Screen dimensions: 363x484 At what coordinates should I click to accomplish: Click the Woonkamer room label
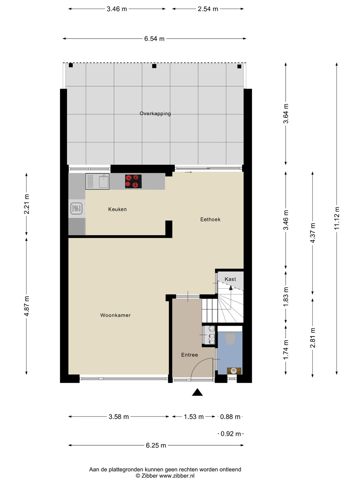pos(115,315)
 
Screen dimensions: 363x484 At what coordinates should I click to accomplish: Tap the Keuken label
pos(117,209)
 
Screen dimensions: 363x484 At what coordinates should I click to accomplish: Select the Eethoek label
pos(210,219)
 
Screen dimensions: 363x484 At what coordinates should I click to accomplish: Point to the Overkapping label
pos(155,114)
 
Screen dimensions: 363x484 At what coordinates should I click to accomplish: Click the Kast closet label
pos(230,279)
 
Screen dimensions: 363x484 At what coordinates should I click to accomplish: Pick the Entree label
pos(189,355)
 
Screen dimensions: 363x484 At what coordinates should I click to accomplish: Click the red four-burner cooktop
pos(133,182)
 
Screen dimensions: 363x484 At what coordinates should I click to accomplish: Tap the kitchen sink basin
pos(104,182)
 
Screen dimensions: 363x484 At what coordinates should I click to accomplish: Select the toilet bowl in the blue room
pos(230,338)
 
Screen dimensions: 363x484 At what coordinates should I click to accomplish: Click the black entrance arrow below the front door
pos(197,392)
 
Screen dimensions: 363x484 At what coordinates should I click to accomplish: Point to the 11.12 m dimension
pos(336,218)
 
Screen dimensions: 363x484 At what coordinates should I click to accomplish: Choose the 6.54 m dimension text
pos(154,39)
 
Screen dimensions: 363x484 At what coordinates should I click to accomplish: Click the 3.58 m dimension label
pos(119,417)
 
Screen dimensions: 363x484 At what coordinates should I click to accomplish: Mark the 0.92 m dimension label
pos(231,434)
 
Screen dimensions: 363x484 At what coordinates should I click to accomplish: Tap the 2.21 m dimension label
pos(27,204)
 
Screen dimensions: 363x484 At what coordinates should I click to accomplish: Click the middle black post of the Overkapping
pos(154,66)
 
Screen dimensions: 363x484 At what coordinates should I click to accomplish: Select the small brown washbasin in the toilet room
pos(234,371)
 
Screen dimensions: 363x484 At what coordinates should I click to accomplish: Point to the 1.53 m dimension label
pos(194,417)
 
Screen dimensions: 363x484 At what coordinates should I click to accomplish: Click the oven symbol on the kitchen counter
pos(77,208)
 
